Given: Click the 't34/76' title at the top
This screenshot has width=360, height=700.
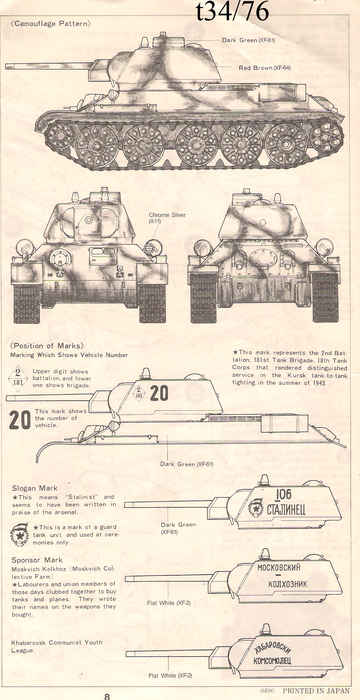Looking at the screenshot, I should [232, 11].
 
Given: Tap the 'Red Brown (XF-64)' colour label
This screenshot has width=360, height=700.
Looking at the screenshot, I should [264, 68].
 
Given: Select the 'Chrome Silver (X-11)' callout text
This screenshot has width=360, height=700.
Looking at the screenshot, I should [167, 218].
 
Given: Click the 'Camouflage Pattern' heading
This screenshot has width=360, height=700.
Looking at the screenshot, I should [51, 24].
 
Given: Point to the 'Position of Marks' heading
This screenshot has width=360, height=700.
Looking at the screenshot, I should [47, 346].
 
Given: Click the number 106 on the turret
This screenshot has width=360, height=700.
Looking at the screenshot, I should [283, 494].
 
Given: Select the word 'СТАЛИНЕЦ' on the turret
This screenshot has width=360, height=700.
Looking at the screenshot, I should [286, 510].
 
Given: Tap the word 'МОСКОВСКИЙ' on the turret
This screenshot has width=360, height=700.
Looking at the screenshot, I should [279, 568].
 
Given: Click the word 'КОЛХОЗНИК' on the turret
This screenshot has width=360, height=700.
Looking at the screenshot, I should [288, 584].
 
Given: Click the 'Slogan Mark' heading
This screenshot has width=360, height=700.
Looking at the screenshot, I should [35, 488].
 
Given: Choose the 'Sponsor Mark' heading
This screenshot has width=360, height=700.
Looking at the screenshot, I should [37, 560].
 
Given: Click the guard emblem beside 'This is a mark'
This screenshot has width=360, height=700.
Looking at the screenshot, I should [20, 534].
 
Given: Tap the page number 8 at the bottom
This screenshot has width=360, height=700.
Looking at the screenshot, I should [107, 696].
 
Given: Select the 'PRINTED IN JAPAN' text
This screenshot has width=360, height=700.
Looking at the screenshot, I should [316, 691].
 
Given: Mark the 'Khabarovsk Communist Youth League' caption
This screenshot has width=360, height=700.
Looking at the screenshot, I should [57, 646].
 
